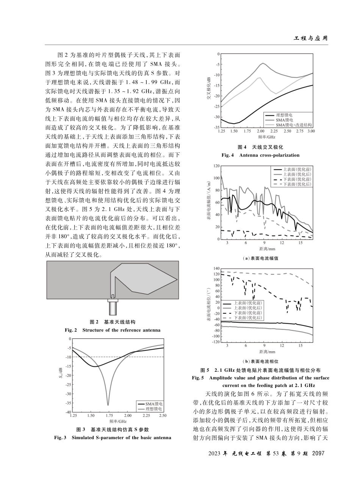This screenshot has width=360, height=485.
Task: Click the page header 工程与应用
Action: (x=311, y=38)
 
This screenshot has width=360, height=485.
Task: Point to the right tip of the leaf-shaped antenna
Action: (x=177, y=280)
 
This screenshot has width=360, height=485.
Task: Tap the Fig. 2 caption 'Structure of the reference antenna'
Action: (x=121, y=330)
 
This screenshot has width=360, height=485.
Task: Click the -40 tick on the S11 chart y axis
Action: (x=68, y=412)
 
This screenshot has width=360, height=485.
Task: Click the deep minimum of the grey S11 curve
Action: (x=108, y=404)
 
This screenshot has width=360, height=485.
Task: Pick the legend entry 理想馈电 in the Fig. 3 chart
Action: (x=154, y=409)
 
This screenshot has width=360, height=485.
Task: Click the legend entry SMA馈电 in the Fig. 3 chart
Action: (x=154, y=404)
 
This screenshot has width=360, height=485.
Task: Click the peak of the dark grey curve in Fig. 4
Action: (x=263, y=64)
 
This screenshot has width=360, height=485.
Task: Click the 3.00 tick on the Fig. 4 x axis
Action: (x=311, y=131)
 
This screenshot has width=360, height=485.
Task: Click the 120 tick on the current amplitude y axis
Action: (x=216, y=166)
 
